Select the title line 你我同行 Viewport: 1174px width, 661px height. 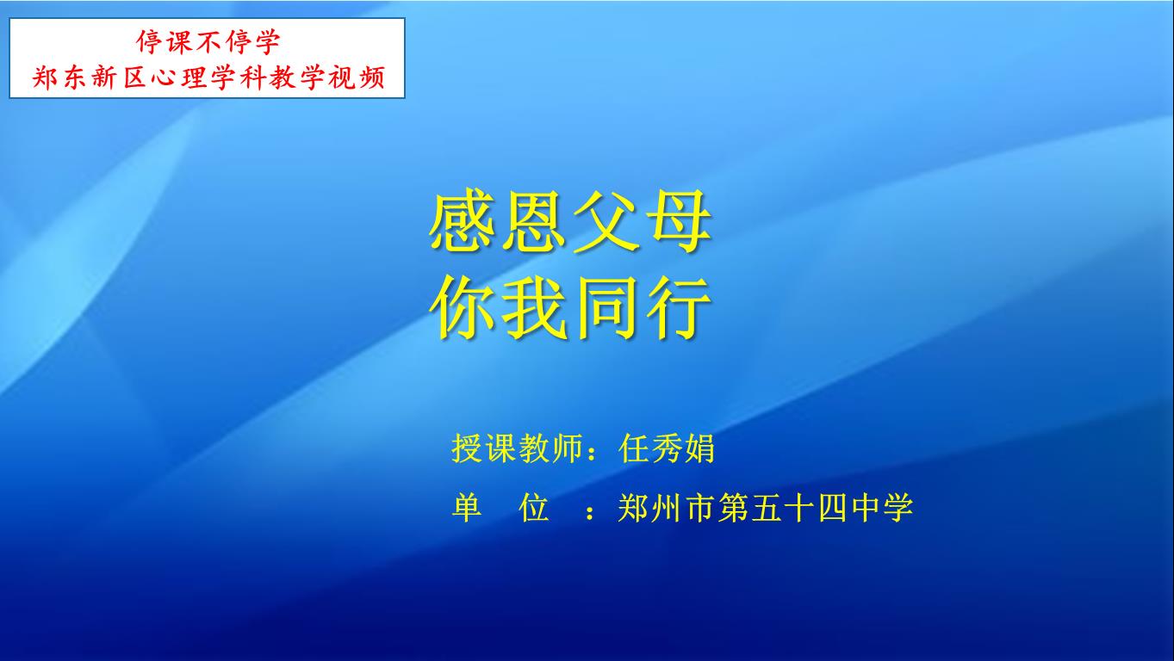click(x=570, y=308)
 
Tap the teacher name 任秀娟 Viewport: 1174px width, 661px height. click(x=666, y=448)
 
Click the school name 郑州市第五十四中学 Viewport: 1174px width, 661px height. click(x=766, y=508)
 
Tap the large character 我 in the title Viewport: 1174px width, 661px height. click(x=534, y=308)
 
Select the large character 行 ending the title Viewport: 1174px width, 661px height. click(x=679, y=308)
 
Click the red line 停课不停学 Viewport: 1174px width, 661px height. click(x=208, y=42)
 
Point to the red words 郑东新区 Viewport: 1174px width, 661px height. click(x=89, y=78)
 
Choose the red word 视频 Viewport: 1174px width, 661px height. click(x=357, y=78)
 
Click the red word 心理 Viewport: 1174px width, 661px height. click(x=179, y=78)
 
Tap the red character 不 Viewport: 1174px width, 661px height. click(x=208, y=42)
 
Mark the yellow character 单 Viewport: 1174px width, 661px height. click(x=467, y=508)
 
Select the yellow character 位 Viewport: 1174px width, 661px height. click(x=533, y=508)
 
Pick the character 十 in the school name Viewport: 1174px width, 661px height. click(x=798, y=508)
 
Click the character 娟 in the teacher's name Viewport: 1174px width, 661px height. click(x=699, y=448)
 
